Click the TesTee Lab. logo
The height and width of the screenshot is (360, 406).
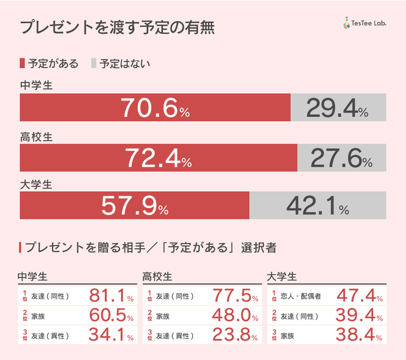click(365, 24)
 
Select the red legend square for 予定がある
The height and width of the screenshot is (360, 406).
click(22, 63)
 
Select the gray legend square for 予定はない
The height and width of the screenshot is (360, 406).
click(94, 63)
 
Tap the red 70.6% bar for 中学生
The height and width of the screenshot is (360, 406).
click(155, 107)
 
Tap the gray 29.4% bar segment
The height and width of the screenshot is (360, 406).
click(339, 107)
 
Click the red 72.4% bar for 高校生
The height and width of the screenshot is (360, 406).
click(158, 157)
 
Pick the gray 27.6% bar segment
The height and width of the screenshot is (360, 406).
click(342, 157)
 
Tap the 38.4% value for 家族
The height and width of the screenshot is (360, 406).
click(360, 336)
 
